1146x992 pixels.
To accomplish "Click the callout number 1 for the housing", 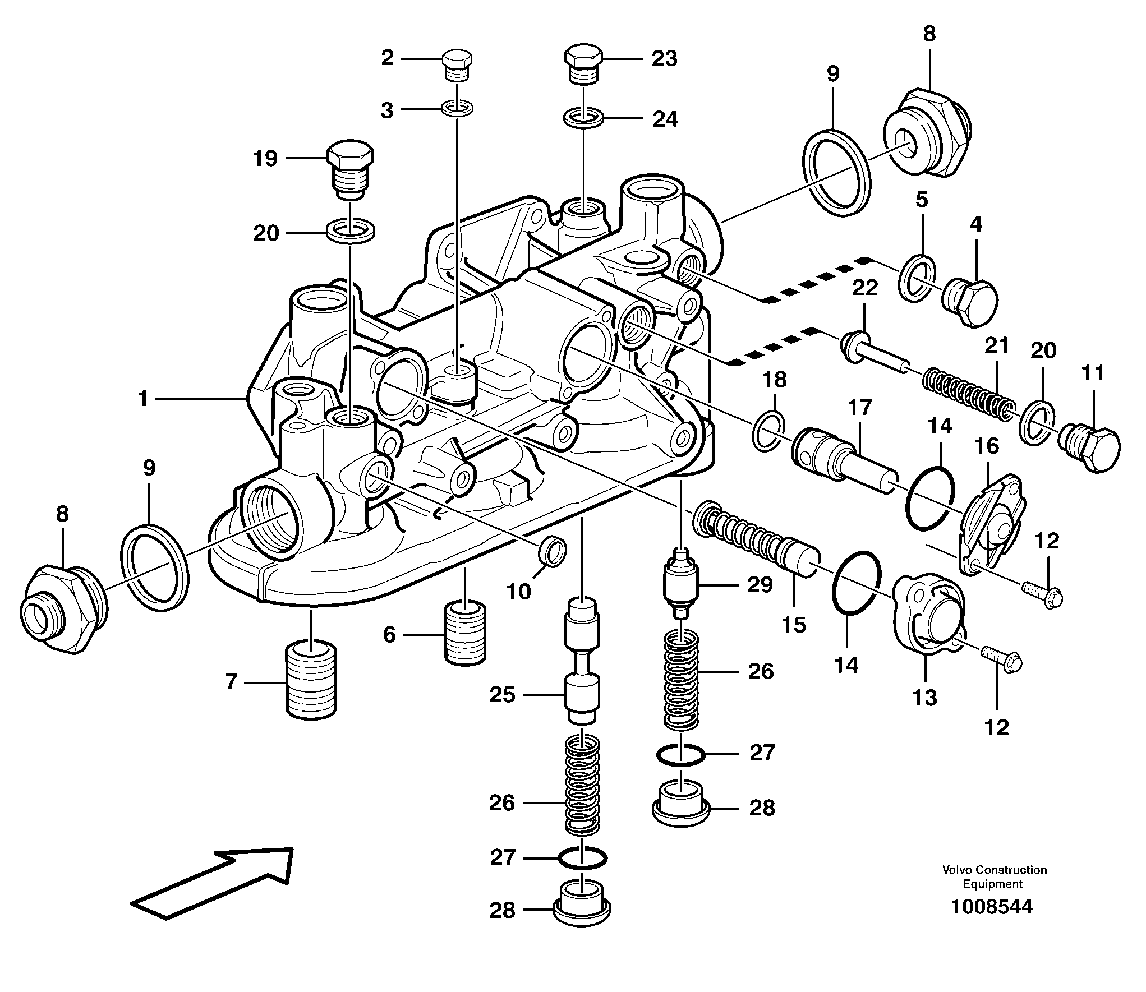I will pos(143,399).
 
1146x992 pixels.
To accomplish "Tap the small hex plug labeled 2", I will pos(458,65).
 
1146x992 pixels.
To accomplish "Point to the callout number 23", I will pos(664,58).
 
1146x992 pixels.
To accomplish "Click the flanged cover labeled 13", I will pos(928,614).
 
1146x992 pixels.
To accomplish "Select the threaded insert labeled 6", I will pos(465,631).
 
